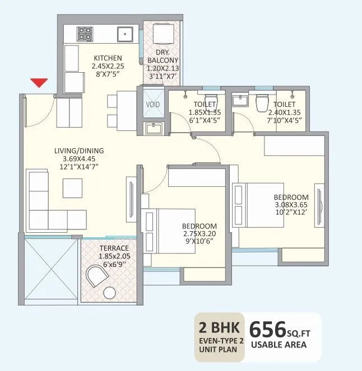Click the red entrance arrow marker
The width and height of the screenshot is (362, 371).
tap(38, 83)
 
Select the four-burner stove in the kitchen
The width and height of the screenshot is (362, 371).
tap(85, 34)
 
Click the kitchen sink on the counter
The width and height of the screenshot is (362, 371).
tap(123, 34)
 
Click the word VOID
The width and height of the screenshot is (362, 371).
tap(152, 105)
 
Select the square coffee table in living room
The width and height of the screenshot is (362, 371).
tap(72, 187)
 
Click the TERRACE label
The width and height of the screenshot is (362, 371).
tap(114, 248)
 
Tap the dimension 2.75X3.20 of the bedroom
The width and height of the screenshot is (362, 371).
tap(199, 234)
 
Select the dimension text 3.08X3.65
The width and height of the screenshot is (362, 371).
tap(290, 205)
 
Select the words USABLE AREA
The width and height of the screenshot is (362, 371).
tap(279, 345)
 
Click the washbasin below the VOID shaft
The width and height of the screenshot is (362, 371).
tap(152, 129)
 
